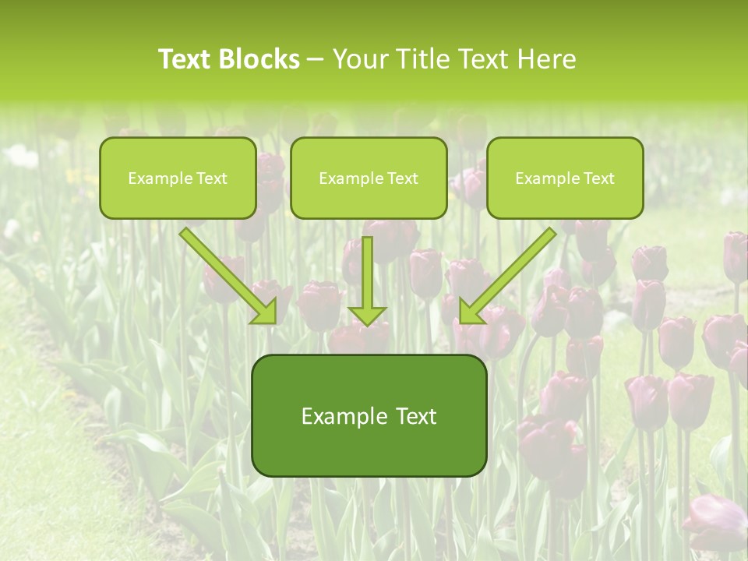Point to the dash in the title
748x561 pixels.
(316, 60)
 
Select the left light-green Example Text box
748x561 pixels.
(178, 178)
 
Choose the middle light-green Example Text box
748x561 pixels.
(369, 178)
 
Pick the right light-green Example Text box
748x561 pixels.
(565, 178)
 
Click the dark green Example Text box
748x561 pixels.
(369, 416)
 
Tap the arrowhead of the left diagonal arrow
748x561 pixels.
(266, 312)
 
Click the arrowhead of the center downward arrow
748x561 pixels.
(367, 315)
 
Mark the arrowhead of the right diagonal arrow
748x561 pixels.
(470, 312)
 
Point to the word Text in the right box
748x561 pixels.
(599, 178)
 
